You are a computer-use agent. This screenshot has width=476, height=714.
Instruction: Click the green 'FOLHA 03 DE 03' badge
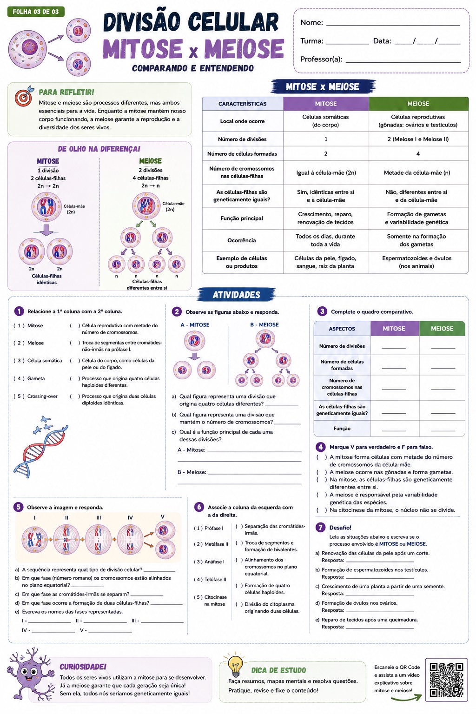coord(36,12)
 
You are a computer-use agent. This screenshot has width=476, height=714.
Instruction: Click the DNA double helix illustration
coord(40,447)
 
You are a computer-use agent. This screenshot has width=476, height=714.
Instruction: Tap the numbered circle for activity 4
coord(320,447)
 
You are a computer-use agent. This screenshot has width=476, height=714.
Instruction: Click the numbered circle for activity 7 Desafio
coord(320,528)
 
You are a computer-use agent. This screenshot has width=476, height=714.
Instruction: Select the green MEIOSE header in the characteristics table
coord(418,104)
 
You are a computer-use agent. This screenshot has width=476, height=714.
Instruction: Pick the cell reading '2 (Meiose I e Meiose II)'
coord(418,139)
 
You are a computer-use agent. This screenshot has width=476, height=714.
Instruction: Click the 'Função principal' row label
coord(242,218)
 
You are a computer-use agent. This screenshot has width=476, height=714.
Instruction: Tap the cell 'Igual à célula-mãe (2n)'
coord(326,173)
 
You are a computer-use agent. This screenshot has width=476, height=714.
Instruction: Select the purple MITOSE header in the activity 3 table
coord(394,329)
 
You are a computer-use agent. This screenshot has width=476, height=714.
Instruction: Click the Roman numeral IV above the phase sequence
coord(130,518)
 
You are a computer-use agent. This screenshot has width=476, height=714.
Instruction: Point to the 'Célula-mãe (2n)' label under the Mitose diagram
coord(74,209)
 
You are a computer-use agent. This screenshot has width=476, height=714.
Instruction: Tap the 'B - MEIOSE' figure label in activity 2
coord(264,324)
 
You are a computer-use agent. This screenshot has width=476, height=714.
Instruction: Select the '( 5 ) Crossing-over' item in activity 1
coord(35,396)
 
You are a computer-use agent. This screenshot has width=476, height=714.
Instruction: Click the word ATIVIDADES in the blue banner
coord(236,295)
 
